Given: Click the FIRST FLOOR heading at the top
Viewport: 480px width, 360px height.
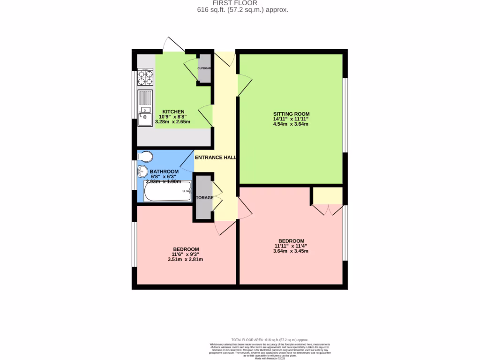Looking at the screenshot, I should (241, 3).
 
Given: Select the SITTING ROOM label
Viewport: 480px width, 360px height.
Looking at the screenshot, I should (292, 114).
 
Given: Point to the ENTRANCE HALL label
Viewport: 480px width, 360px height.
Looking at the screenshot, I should (216, 157).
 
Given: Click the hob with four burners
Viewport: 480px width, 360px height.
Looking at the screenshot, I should (145, 77).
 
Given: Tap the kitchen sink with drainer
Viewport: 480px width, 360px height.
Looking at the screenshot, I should (145, 108).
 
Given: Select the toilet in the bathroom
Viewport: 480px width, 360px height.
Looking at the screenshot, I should (145, 156).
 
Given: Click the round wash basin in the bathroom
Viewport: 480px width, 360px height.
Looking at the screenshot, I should (143, 171).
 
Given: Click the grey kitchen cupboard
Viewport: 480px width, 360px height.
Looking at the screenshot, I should (204, 68).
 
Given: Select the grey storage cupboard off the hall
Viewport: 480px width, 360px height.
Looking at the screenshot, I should (203, 197).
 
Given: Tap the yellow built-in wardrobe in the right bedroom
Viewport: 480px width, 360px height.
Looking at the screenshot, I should (328, 195).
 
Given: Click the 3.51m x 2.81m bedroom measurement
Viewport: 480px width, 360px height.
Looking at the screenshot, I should (185, 260).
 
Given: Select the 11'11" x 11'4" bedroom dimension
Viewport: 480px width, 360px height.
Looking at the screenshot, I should (291, 246).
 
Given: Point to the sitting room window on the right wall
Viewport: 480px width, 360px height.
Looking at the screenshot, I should (345, 115).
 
